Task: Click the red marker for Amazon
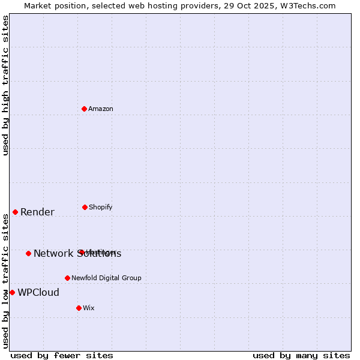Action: [85, 109]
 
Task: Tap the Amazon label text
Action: [101, 109]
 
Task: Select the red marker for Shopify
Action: [85, 207]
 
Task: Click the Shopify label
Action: [101, 208]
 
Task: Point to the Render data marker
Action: [15, 212]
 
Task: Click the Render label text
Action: [37, 212]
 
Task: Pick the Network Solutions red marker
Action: [28, 253]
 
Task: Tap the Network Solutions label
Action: [77, 254]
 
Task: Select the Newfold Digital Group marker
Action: [67, 278]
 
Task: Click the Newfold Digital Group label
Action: [106, 278]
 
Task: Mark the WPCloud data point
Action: [12, 292]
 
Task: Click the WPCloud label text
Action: [38, 293]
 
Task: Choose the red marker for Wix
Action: [79, 308]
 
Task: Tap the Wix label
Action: [89, 308]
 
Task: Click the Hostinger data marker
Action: [80, 252]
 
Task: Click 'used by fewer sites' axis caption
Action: [62, 355]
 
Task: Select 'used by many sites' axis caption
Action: [301, 355]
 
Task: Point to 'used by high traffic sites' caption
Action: [5, 85]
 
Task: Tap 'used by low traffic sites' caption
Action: [5, 281]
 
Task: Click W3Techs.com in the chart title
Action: [307, 6]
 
